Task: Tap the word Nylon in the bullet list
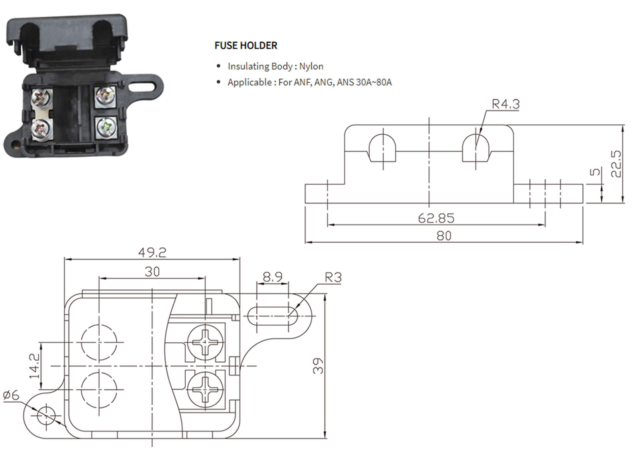tap(311, 66)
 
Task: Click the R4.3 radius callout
tap(506, 104)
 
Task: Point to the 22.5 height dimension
tap(616, 164)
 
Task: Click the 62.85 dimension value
tap(436, 218)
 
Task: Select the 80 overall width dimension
tap(444, 236)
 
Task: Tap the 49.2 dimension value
tap(152, 253)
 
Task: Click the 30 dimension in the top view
tap(152, 272)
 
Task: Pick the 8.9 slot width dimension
tap(273, 277)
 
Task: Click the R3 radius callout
tap(333, 277)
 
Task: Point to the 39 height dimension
tap(318, 366)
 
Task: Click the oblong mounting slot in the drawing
tap(273, 316)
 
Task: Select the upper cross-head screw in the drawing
tap(205, 342)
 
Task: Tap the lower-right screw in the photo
tap(106, 127)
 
